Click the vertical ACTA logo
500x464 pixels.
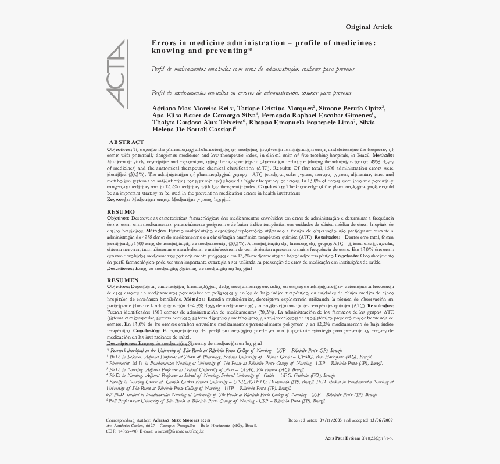point(118,74)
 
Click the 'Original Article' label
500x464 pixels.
point(369,27)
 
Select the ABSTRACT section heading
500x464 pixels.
point(127,142)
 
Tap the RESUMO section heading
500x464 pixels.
point(121,211)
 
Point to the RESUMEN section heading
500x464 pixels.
point(123,280)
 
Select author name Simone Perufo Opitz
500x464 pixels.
point(351,108)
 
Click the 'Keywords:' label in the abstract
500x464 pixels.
point(119,199)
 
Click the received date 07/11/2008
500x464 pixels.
point(335,419)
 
